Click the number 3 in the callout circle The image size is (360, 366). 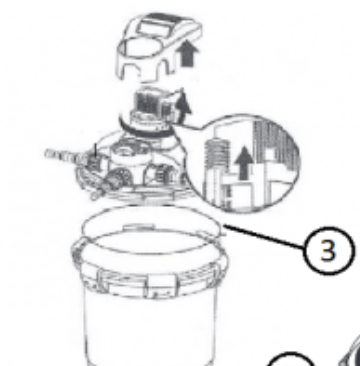point(328,250)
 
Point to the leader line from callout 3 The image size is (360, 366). point(264,238)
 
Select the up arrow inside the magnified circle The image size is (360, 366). point(244,163)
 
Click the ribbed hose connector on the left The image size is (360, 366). point(62,155)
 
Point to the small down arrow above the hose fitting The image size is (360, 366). point(95,150)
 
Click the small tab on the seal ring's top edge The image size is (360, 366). point(138,227)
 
